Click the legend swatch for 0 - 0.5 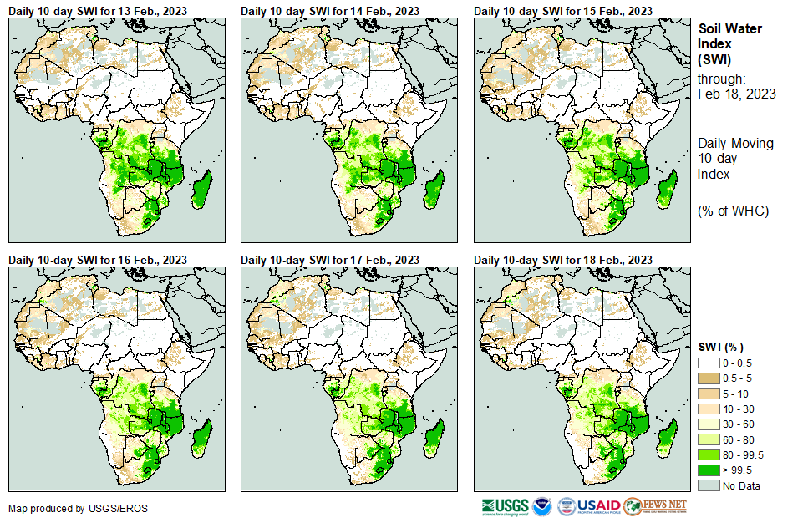(x=709, y=363)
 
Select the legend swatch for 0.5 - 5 (x=709, y=378)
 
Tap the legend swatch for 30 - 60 (x=709, y=424)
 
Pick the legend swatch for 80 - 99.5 (x=709, y=454)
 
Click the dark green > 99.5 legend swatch (x=709, y=470)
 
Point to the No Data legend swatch (x=709, y=485)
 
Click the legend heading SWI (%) (x=721, y=347)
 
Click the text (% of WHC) (x=733, y=211)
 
